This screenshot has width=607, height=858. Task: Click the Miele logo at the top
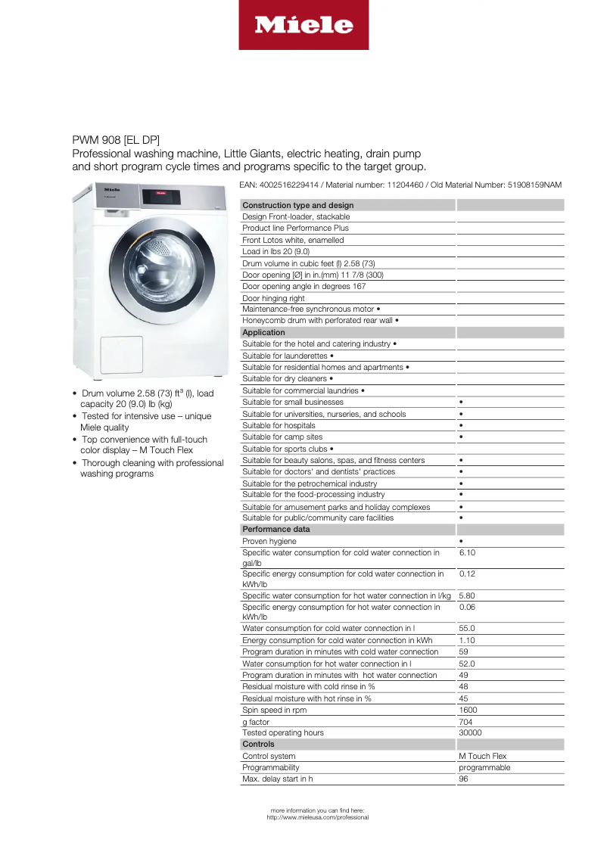pos(303,25)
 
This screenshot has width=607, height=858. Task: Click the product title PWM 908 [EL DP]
pos(116,140)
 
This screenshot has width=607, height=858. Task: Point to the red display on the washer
pos(160,193)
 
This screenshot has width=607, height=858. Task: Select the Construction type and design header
pos(297,205)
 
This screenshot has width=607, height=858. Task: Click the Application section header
pos(263,332)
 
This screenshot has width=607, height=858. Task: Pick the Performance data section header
pos(275,530)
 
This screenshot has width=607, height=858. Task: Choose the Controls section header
pos(258,744)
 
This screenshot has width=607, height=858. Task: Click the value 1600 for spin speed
pos(468,710)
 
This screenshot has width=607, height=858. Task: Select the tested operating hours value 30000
pos(470,732)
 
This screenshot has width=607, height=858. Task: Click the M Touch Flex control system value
pos(482,756)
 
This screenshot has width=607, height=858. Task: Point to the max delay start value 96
pos(463,779)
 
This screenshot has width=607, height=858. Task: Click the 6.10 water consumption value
pos(467,552)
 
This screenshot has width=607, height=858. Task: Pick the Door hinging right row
pos(273,298)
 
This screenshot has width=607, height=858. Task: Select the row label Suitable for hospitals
pos(279,425)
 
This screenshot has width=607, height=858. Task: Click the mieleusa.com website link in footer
pos(317,817)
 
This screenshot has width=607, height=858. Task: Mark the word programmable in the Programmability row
pos(484,767)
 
